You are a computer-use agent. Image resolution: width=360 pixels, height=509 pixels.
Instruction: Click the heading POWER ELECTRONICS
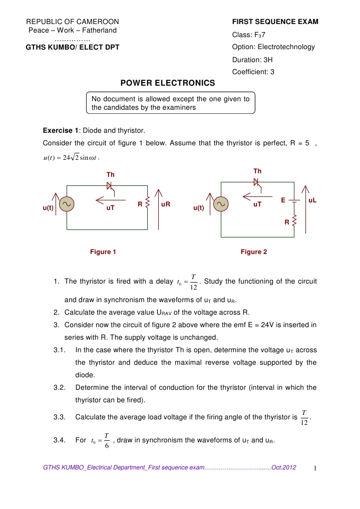(168, 83)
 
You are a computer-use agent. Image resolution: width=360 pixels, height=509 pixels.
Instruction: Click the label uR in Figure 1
(166, 205)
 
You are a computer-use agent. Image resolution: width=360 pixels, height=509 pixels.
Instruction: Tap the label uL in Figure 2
(313, 200)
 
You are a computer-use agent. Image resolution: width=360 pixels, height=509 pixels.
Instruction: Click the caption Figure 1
(103, 252)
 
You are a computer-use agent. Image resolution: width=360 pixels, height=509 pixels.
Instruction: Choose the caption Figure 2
(254, 252)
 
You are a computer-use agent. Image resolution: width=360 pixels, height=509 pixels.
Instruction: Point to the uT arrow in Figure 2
(257, 196)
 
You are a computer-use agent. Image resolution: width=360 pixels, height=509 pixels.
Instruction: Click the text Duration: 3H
(252, 60)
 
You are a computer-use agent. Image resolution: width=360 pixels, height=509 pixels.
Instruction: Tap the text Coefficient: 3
(253, 72)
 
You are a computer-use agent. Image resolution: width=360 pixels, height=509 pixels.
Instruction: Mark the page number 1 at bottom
(315, 468)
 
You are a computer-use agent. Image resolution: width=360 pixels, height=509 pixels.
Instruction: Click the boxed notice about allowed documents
(170, 103)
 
